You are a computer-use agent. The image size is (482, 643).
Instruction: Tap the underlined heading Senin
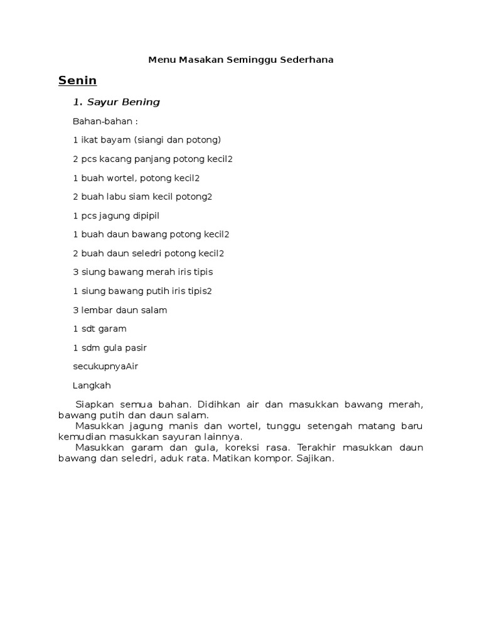pyautogui.click(x=77, y=80)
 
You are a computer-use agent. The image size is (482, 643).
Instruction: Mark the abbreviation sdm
pyautogui.click(x=90, y=348)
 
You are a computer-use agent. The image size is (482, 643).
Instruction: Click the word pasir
pyautogui.click(x=136, y=348)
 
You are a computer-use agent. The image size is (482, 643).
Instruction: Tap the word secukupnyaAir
pyautogui.click(x=105, y=367)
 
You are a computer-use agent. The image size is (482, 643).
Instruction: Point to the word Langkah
pyautogui.click(x=92, y=386)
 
